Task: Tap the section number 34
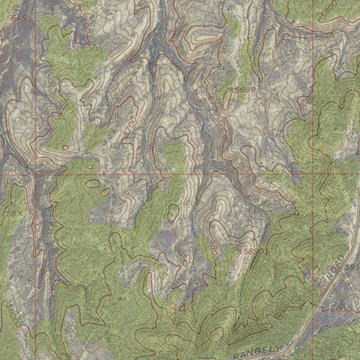pyautogui.click(x=177, y=309)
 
